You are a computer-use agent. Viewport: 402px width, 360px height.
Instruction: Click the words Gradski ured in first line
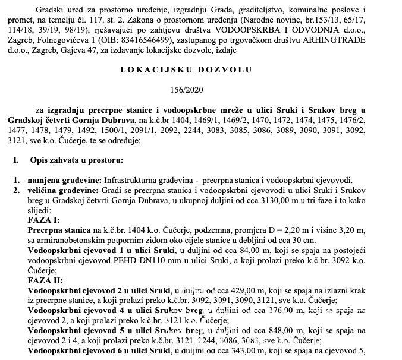click(x=55, y=10)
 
